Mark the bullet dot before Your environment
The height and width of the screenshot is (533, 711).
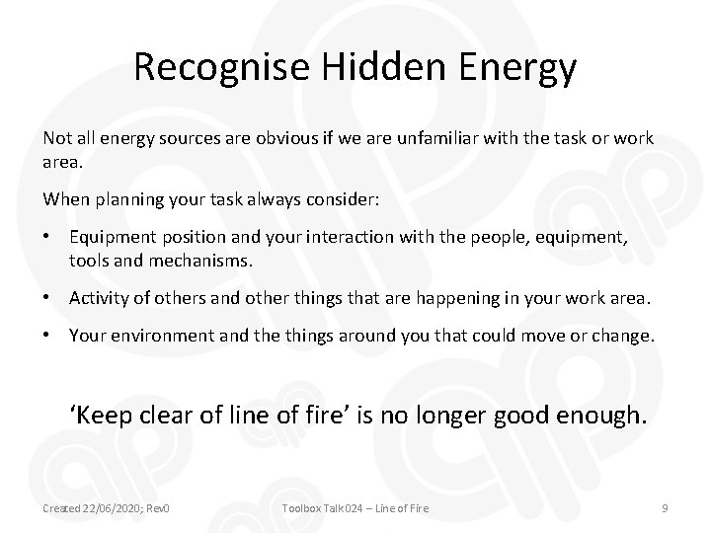click(x=48, y=335)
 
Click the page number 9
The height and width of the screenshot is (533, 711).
click(x=665, y=507)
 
